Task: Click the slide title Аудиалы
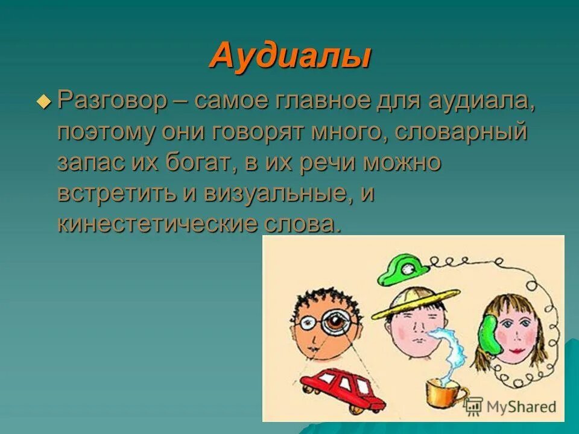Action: tap(289, 56)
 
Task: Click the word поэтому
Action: tap(105, 131)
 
